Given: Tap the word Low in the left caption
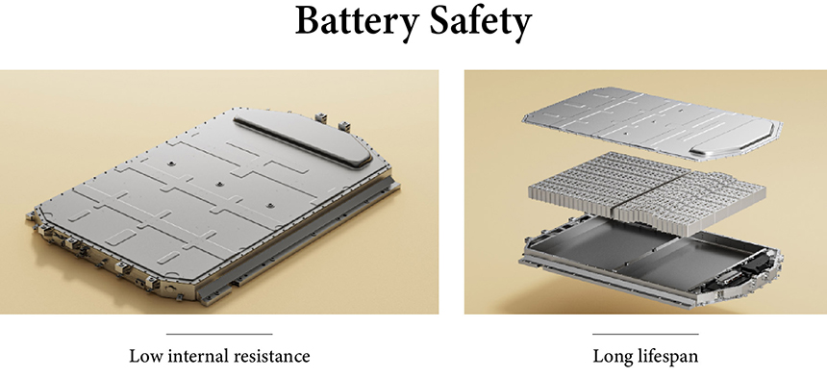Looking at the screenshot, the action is (x=143, y=356).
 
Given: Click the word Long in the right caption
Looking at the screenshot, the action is (x=613, y=356).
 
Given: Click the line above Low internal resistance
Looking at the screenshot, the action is (x=219, y=334).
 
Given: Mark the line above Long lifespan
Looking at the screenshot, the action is (x=645, y=334).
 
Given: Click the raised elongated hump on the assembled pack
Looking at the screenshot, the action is (x=304, y=138).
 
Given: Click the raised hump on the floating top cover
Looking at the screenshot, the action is (x=734, y=138).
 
